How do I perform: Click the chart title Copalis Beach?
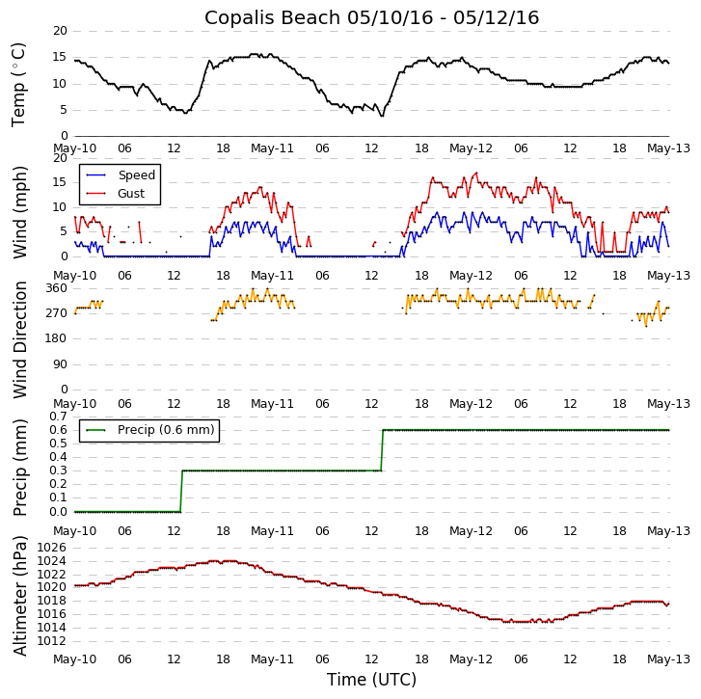[371, 17]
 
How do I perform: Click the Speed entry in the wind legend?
[136, 175]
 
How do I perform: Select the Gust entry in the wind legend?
[131, 194]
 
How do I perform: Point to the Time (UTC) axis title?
[371, 680]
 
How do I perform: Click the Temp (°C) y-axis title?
[19, 84]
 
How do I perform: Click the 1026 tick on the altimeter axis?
[52, 548]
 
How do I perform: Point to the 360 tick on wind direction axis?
[56, 288]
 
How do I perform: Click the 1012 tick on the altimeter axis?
[52, 641]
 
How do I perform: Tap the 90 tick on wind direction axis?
[60, 364]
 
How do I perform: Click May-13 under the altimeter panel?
[668, 659]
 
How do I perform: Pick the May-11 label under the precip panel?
[272, 531]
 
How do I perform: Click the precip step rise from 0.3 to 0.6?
[382, 450]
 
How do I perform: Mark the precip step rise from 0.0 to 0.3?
[181, 491]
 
